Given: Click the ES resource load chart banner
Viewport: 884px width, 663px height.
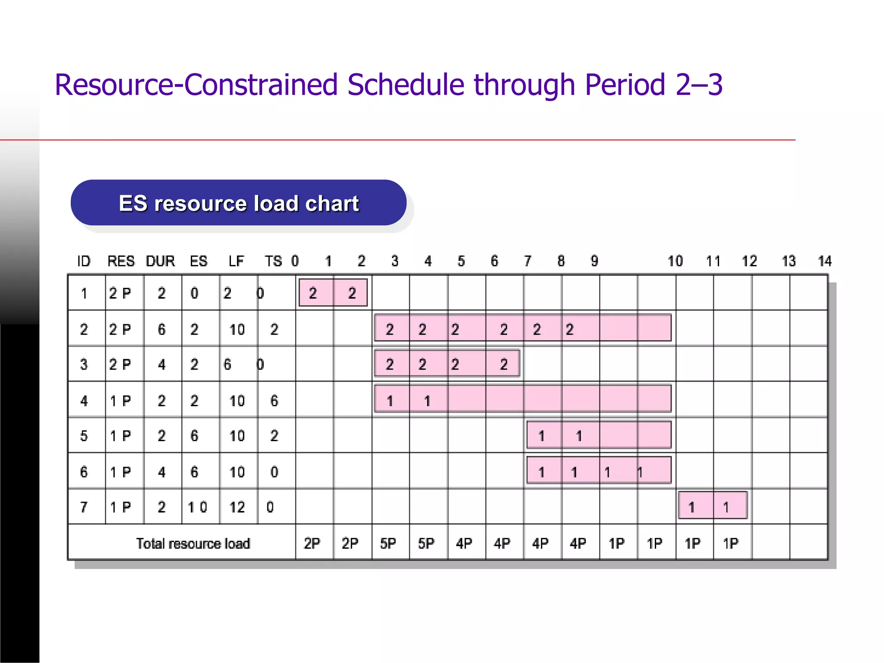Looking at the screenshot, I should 238,203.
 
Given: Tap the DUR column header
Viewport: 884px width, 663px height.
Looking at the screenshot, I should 160,261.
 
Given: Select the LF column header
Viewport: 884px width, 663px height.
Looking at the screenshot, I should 236,261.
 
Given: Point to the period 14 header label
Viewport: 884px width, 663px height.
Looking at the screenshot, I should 824,261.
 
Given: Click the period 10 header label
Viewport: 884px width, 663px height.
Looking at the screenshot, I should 675,261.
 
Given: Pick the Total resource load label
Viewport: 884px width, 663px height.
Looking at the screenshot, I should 193,543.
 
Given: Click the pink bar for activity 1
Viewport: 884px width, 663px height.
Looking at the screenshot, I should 333,293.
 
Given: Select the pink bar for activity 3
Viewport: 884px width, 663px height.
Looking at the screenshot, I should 447,363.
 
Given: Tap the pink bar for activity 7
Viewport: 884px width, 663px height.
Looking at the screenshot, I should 713,505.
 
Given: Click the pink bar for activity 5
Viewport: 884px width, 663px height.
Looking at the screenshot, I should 599,435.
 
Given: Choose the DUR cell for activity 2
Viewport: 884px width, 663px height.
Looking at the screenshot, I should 161,329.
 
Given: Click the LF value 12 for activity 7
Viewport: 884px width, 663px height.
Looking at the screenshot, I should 237,507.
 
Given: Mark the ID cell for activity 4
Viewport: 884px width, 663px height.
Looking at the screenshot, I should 84,401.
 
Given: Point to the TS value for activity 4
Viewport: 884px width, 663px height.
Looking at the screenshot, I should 274,401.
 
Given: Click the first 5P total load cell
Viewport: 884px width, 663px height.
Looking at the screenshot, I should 388,543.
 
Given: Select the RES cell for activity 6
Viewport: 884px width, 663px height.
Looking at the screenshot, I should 120,472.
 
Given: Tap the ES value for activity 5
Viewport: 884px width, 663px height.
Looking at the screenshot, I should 194,436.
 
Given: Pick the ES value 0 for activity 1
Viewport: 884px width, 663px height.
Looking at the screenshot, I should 194,293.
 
